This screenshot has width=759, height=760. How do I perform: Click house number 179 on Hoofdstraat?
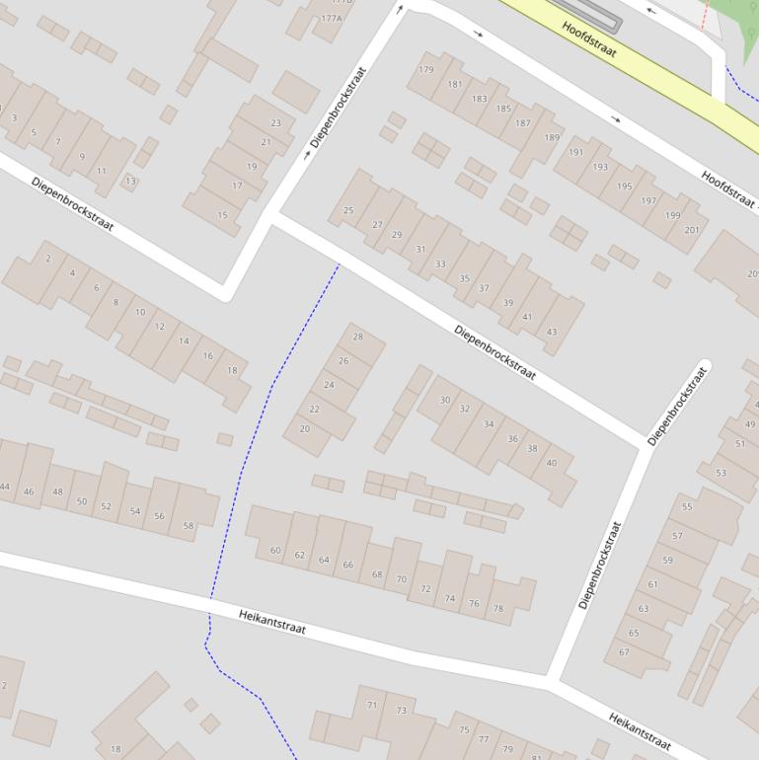pos(426,70)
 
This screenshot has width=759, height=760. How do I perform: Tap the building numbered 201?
pos(691,230)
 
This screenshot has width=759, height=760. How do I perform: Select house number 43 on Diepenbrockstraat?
pos(551,332)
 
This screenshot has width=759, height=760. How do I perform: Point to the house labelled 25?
pos(348,210)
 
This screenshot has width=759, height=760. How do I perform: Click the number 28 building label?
pos(357,337)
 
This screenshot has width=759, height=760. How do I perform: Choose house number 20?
pos(304,428)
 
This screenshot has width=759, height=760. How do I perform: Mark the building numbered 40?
pos(551,463)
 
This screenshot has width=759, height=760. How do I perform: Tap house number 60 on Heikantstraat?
pos(275,551)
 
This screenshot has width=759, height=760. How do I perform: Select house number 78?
pos(497,609)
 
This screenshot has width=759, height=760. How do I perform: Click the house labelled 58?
pos(189,526)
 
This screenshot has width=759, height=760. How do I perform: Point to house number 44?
pos(5,487)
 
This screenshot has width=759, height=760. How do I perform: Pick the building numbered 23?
pos(275,123)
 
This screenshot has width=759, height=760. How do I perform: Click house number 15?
pos(222,215)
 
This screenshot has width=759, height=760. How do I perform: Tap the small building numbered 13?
pos(130,182)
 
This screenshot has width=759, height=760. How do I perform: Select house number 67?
pos(624,651)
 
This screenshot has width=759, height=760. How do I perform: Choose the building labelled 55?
pos(687,506)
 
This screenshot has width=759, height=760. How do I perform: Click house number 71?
pos(372,705)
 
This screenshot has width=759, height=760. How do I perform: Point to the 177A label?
pos(331,18)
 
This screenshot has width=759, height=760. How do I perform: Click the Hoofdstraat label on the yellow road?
pos(589,38)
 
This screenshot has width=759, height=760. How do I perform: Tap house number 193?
pos(600,167)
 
